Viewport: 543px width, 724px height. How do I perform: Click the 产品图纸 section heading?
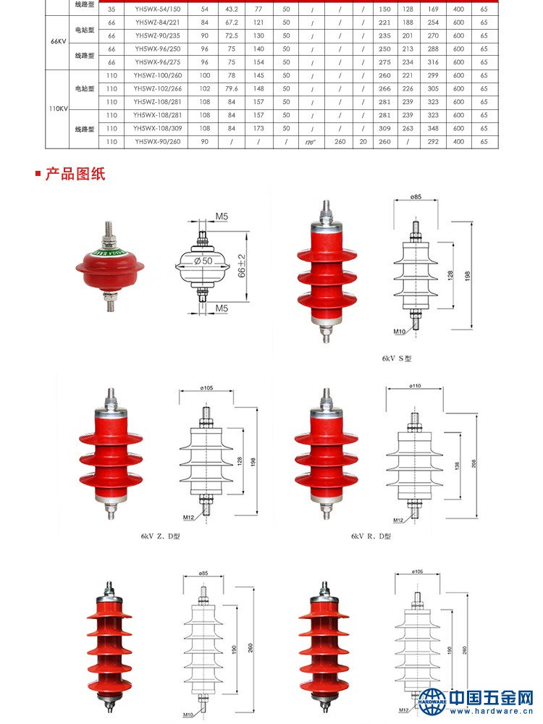(x=75, y=174)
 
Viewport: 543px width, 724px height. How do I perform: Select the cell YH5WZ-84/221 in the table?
(x=157, y=22)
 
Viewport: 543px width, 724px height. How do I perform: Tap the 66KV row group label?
(x=59, y=41)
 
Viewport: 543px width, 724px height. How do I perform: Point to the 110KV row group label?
(x=59, y=109)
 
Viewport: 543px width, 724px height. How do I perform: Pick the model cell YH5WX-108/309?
(x=157, y=128)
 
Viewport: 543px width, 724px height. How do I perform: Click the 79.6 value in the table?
(x=231, y=88)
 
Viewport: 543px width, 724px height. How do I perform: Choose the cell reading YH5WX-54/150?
(x=157, y=9)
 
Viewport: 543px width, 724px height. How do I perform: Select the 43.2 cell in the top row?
(x=231, y=9)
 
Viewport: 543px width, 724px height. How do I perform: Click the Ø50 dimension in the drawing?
(x=203, y=260)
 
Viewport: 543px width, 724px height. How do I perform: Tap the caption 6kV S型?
(x=397, y=358)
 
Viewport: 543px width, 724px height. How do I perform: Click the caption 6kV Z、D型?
(x=160, y=536)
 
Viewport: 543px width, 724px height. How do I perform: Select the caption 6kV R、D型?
(x=371, y=536)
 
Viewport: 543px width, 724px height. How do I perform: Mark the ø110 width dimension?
(x=415, y=387)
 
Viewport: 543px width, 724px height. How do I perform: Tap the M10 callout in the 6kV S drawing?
(x=399, y=331)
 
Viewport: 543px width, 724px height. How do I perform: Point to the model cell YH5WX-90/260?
(x=157, y=142)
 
